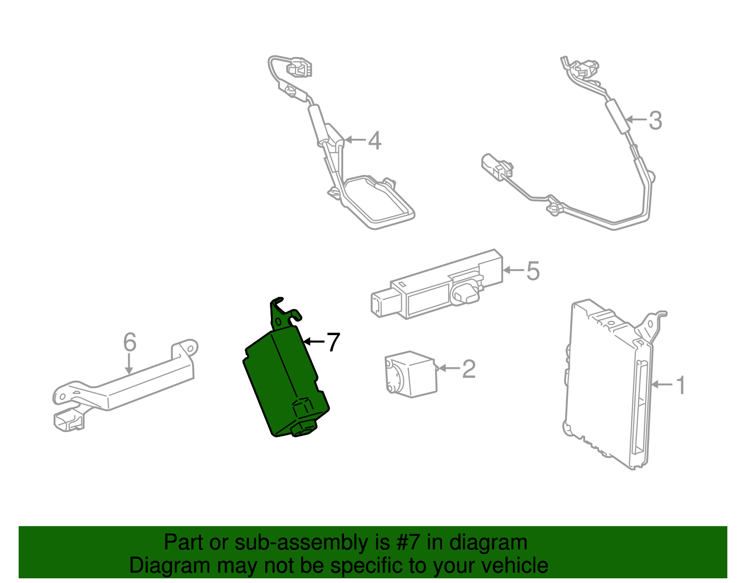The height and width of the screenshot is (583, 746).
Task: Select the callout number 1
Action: click(x=681, y=385)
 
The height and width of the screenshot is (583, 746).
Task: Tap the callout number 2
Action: click(x=469, y=369)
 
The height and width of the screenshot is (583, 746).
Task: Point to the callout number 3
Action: click(x=655, y=120)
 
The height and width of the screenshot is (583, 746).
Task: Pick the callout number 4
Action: click(x=375, y=140)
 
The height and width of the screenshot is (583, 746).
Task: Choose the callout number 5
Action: click(x=533, y=271)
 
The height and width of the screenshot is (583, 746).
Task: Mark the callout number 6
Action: click(x=130, y=342)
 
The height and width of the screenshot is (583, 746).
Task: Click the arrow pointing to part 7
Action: click(x=314, y=342)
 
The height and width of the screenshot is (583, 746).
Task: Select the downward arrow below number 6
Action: click(x=129, y=364)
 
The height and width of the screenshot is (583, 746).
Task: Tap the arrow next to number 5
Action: click(x=513, y=270)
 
